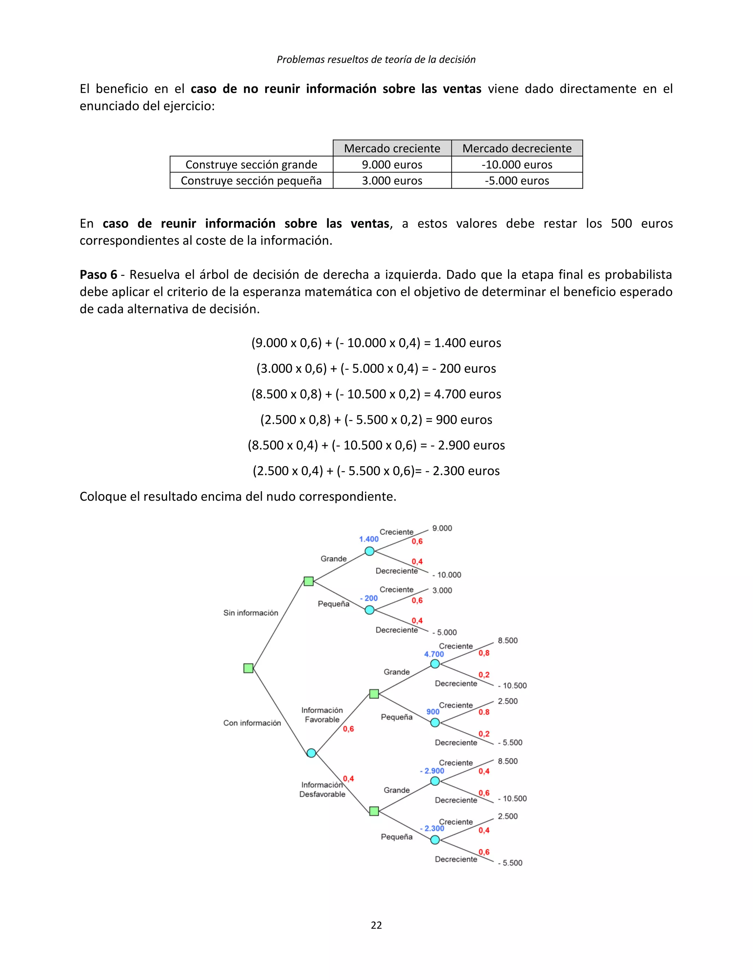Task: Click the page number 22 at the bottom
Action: click(376, 925)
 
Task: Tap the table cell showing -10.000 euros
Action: click(517, 164)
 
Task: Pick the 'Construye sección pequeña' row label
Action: click(251, 180)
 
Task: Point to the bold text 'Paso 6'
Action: click(98, 274)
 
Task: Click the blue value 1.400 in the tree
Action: click(368, 539)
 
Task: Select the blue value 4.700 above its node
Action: click(434, 654)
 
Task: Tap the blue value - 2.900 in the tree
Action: click(432, 771)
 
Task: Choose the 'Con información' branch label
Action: click(252, 723)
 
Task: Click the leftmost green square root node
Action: click(248, 668)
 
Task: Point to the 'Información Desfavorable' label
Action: click(322, 789)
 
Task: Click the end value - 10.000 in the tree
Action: click(447, 575)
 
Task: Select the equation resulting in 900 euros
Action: click(376, 419)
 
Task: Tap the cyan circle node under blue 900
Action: click(435, 722)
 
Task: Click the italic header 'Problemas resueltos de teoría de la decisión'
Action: click(376, 60)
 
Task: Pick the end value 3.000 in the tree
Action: click(442, 590)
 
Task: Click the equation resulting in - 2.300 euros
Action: click(376, 471)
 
